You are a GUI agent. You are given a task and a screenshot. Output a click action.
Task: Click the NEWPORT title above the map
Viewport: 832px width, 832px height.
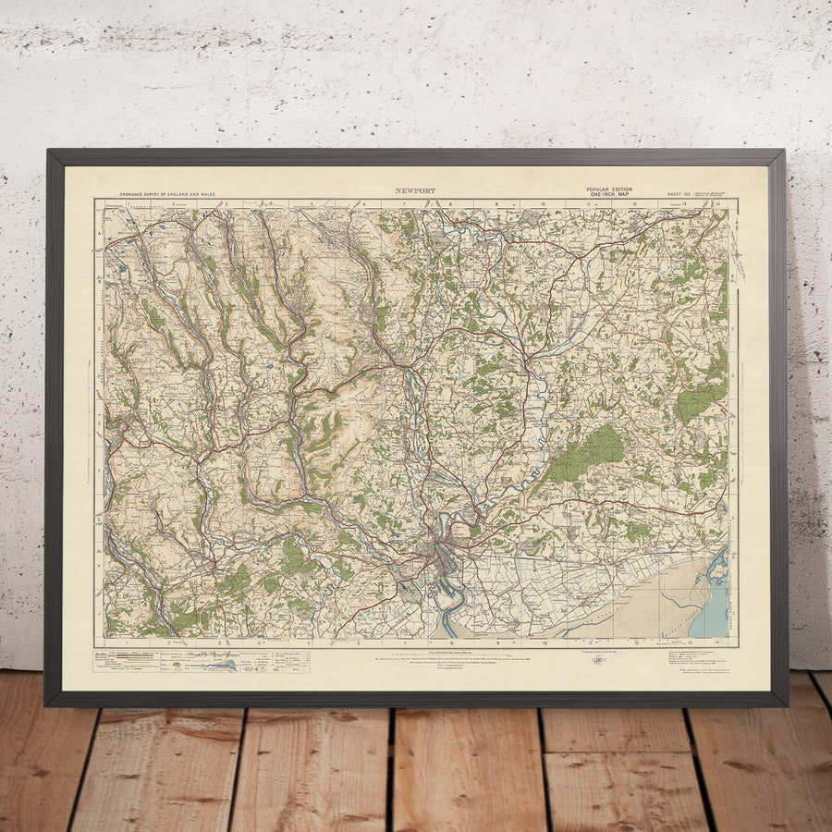pos(415,191)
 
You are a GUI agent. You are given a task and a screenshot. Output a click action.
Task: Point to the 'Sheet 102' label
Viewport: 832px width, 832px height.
pos(679,193)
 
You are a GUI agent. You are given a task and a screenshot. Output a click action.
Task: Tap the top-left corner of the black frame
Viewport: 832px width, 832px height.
pos(49,152)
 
